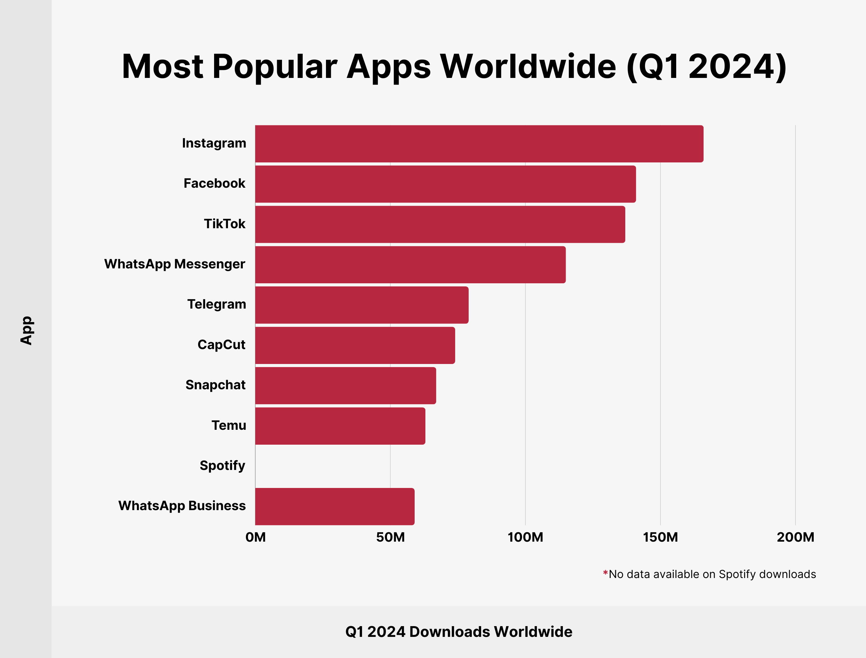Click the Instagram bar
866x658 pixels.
pyautogui.click(x=479, y=144)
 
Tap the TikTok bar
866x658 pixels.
pyautogui.click(x=440, y=224)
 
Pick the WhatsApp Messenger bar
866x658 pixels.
pyautogui.click(x=410, y=265)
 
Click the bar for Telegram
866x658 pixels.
pyautogui.click(x=362, y=305)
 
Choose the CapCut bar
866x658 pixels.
pyautogui.click(x=355, y=346)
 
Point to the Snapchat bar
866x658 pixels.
pyautogui.click(x=345, y=386)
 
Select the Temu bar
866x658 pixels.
pyautogui.click(x=340, y=426)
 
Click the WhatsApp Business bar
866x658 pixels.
pyautogui.click(x=335, y=506)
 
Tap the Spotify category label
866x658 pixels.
pyautogui.click(x=222, y=466)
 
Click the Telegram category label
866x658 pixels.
pyautogui.click(x=216, y=304)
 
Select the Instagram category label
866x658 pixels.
pyautogui.click(x=214, y=143)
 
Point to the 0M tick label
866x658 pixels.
pyautogui.click(x=255, y=537)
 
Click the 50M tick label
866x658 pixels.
pyautogui.click(x=390, y=537)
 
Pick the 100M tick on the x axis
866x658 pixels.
pyautogui.click(x=525, y=537)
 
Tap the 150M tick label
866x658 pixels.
pyautogui.click(x=660, y=537)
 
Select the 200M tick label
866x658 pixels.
pyautogui.click(x=795, y=537)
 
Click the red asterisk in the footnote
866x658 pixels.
pyautogui.click(x=605, y=573)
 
